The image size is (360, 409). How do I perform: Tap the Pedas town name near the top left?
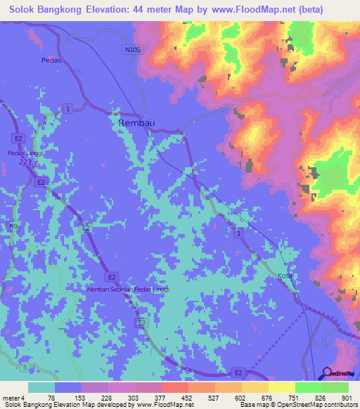[x=51, y=60]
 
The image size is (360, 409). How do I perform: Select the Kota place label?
[x=284, y=276]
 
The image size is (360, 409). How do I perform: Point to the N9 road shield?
[x=13, y=227]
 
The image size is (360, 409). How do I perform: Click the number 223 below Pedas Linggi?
[x=27, y=161]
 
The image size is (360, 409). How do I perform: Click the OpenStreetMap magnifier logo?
[x=326, y=373]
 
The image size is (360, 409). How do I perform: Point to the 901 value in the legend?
[x=345, y=397]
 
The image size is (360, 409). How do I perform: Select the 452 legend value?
[x=186, y=397]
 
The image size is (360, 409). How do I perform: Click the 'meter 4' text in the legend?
[x=13, y=397]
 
